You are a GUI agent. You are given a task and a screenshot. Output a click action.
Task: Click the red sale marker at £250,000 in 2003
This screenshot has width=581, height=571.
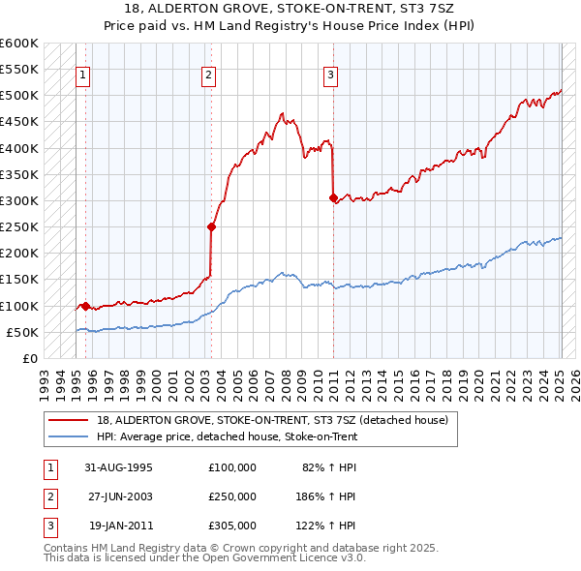tap(211, 226)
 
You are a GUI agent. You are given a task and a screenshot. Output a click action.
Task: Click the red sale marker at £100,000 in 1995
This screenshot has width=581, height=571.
tap(85, 306)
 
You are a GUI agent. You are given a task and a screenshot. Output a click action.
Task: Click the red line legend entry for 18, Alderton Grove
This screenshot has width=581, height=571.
tap(271, 420)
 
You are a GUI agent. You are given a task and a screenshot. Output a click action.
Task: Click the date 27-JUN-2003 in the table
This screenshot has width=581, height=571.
tap(121, 496)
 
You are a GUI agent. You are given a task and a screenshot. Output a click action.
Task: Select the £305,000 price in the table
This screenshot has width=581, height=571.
tap(231, 526)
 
